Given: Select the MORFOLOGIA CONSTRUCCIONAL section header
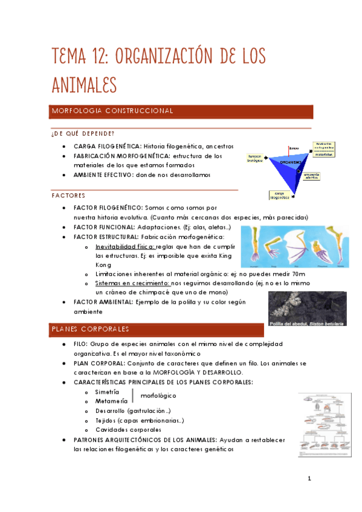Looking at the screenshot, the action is (113, 112).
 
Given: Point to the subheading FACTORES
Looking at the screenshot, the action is (68, 196).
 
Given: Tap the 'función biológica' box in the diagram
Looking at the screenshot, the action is (256, 159).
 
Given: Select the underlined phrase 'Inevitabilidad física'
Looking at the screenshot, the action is (125, 247).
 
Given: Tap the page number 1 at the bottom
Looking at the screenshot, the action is (309, 480).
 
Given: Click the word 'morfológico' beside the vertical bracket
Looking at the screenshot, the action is (158, 396).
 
